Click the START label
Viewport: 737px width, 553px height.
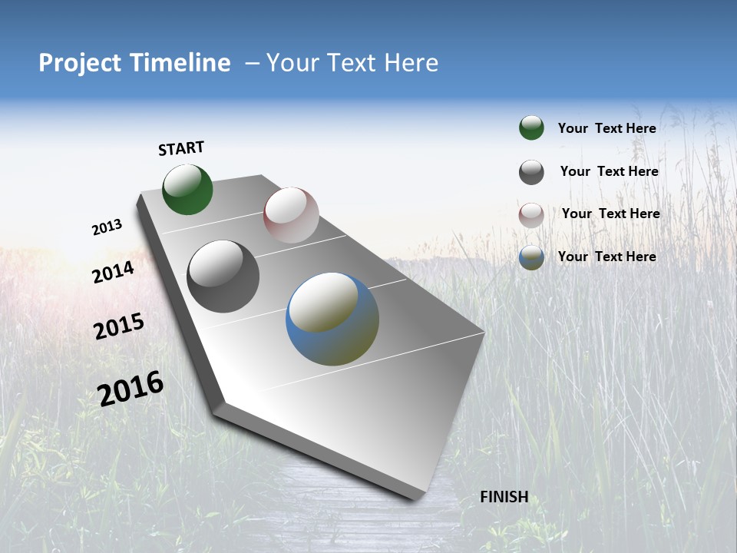[x=181, y=148]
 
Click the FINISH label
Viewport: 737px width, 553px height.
[x=504, y=497]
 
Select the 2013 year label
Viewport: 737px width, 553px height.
[x=107, y=227]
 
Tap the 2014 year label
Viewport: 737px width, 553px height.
[x=113, y=272]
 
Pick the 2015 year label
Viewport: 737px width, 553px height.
[x=119, y=326]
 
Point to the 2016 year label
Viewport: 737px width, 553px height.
[x=131, y=389]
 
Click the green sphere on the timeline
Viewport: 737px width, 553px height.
[x=187, y=190]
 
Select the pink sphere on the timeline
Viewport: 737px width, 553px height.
[x=291, y=215]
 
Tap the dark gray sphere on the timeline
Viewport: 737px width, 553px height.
[x=223, y=276]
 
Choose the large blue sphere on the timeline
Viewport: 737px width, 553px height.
[x=332, y=319]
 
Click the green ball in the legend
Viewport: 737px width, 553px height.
[x=531, y=128]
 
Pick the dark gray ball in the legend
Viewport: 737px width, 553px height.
[x=531, y=172]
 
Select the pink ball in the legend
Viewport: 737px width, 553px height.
[x=531, y=215]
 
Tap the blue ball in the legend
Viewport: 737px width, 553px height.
[x=531, y=257]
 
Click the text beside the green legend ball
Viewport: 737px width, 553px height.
[x=606, y=128]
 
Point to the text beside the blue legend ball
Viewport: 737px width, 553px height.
[x=606, y=257]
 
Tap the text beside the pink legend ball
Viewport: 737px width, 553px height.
[x=610, y=214]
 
